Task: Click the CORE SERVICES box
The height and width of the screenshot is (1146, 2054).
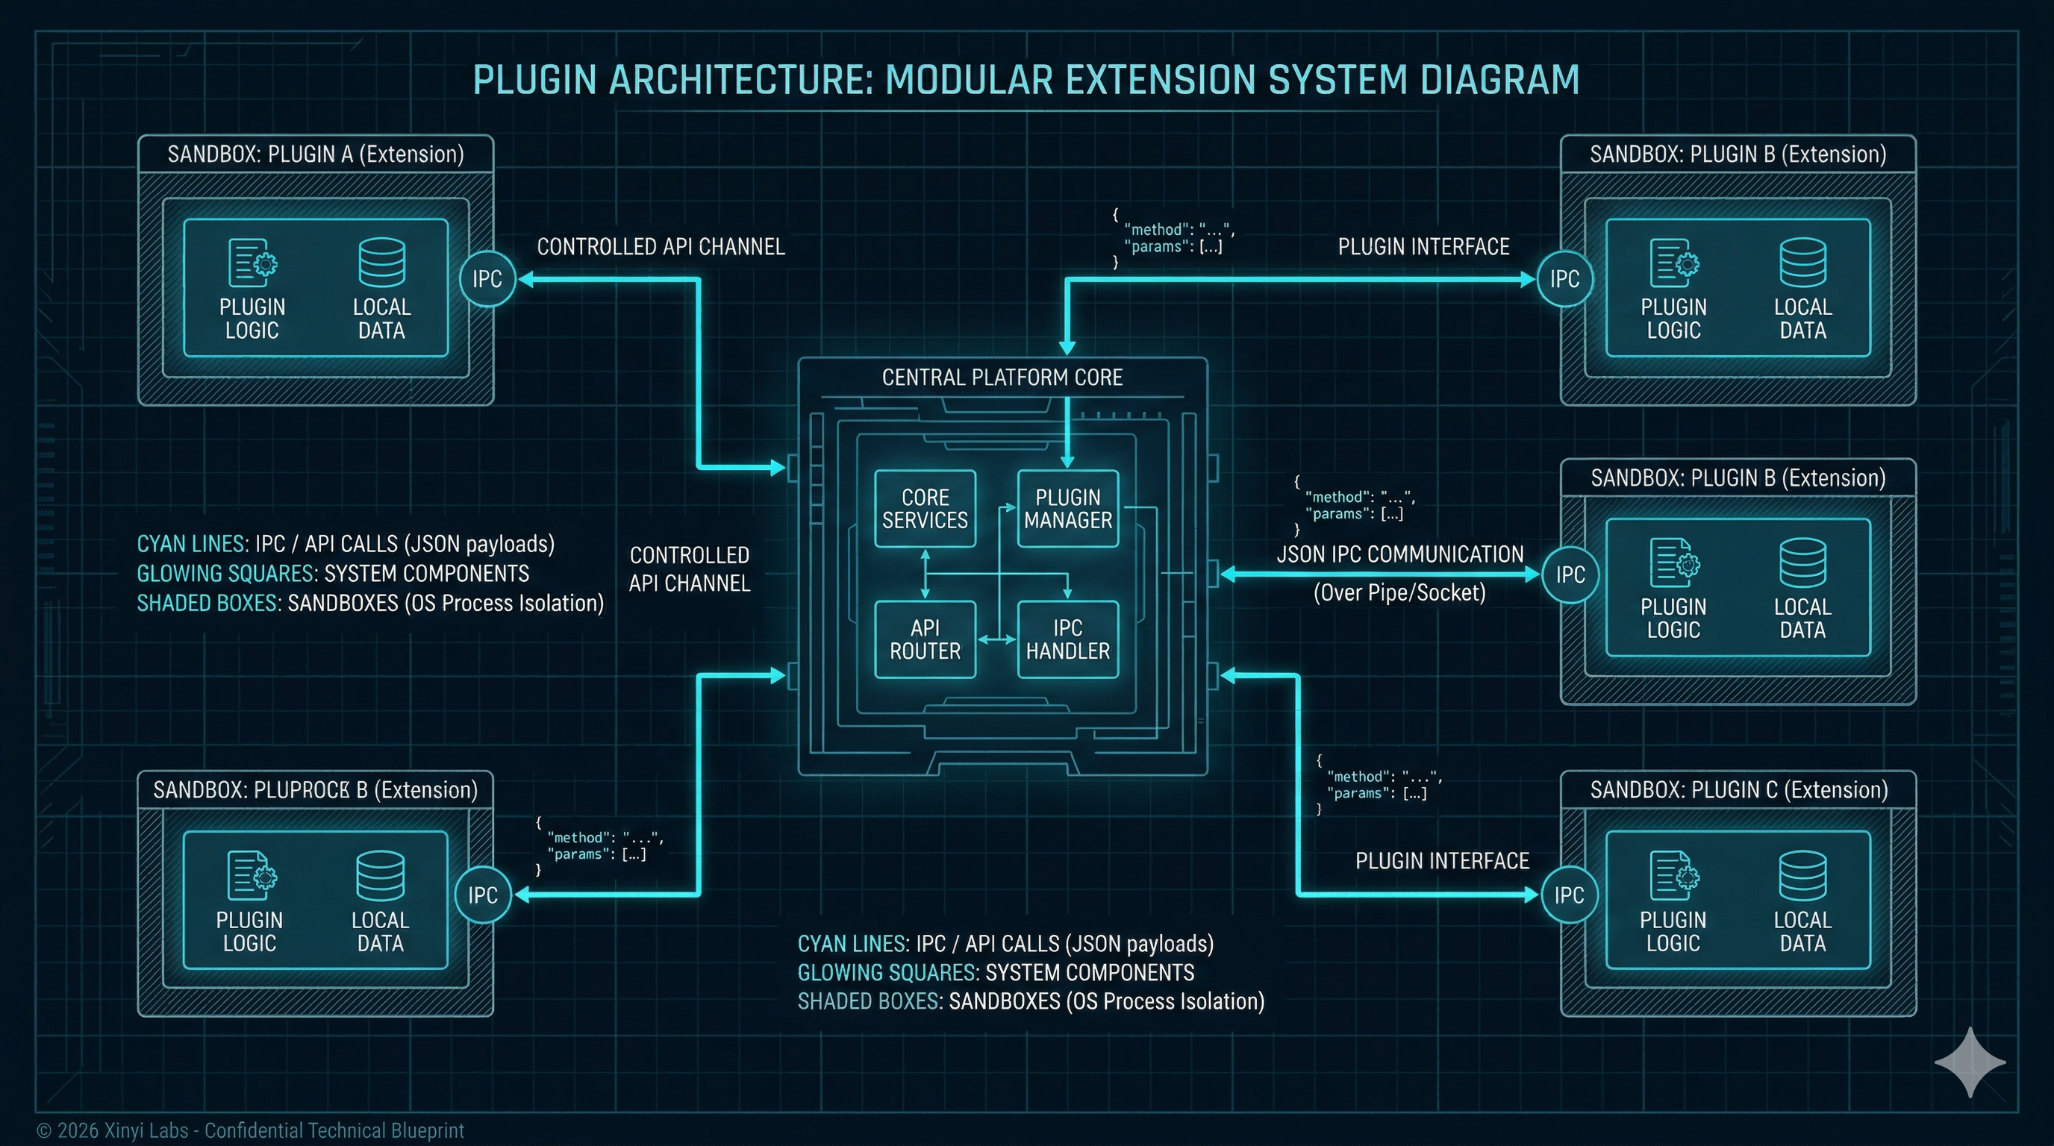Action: (x=925, y=508)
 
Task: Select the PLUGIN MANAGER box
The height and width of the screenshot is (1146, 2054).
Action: (x=1067, y=508)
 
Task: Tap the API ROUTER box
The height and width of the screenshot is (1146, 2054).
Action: (x=925, y=639)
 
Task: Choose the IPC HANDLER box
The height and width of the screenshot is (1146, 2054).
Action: (x=1067, y=639)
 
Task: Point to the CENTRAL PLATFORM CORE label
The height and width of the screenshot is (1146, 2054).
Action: (x=1002, y=378)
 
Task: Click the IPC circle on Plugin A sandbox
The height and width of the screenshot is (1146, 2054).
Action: (x=487, y=279)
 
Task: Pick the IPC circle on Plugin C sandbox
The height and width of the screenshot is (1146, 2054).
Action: (x=1569, y=895)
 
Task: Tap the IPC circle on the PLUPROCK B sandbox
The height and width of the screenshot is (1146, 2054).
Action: (x=483, y=895)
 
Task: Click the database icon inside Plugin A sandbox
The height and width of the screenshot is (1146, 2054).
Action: (x=382, y=262)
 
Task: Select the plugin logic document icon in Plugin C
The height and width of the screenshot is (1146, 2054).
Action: (x=1673, y=876)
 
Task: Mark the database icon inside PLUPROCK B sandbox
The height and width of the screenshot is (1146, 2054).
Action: (x=381, y=875)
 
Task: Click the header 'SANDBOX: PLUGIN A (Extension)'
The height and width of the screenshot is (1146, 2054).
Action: (x=316, y=154)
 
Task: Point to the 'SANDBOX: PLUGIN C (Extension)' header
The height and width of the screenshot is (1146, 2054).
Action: (x=1739, y=790)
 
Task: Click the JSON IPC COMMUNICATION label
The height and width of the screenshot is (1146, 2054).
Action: (x=1400, y=554)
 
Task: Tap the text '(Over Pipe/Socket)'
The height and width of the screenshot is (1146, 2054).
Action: (x=1399, y=593)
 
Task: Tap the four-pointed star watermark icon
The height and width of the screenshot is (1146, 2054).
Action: (x=1970, y=1062)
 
